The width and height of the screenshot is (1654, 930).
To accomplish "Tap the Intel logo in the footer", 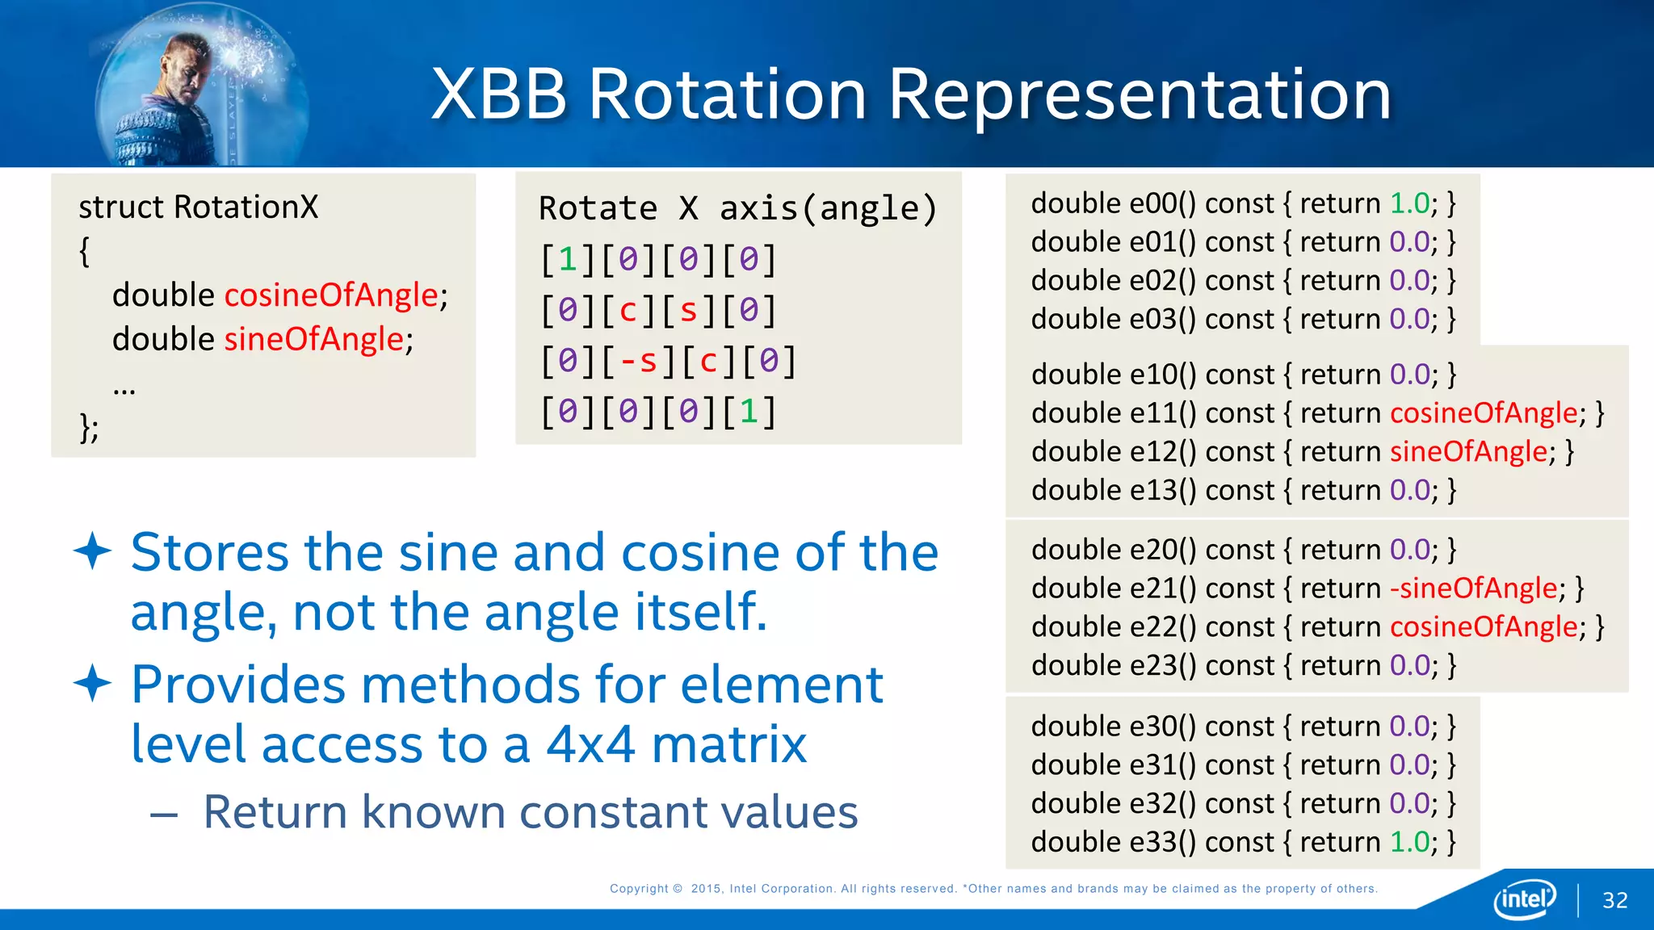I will tap(1525, 899).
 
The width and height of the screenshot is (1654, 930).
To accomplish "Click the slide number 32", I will tap(1614, 900).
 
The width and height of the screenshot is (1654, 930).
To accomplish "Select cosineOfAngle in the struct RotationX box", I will tap(331, 295).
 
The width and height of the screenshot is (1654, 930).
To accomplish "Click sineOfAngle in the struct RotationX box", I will tap(313, 339).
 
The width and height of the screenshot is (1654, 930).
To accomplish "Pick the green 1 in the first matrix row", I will tap(568, 260).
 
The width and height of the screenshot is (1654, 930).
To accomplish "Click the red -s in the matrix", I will tap(638, 361).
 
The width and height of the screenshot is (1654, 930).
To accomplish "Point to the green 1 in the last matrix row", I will tap(749, 412).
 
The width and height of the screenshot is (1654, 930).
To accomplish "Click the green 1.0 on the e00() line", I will tap(1409, 203).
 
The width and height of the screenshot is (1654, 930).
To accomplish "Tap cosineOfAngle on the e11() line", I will tap(1484, 413).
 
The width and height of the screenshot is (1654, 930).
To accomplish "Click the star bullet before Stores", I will tap(92, 551).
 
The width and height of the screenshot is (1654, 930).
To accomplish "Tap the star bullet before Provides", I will tap(92, 684).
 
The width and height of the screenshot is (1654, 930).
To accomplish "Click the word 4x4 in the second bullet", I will tap(590, 744).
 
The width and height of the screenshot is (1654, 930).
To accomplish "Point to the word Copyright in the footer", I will tap(639, 889).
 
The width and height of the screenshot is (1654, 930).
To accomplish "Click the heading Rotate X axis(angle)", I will tap(737, 208).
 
